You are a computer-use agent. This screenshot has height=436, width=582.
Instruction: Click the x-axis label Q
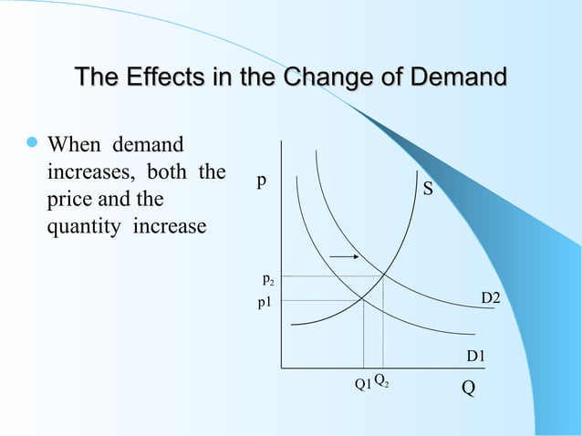(x=468, y=387)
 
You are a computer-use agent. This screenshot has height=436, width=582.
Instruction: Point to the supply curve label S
(x=427, y=192)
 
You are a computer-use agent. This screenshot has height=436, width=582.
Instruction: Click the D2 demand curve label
(x=491, y=299)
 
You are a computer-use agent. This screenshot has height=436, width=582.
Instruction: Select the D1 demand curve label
(x=476, y=356)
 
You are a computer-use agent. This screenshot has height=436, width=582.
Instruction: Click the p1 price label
(x=267, y=302)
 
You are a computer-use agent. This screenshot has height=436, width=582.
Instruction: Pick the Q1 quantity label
(x=362, y=384)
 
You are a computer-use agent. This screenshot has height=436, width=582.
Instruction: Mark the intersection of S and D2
(x=383, y=275)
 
